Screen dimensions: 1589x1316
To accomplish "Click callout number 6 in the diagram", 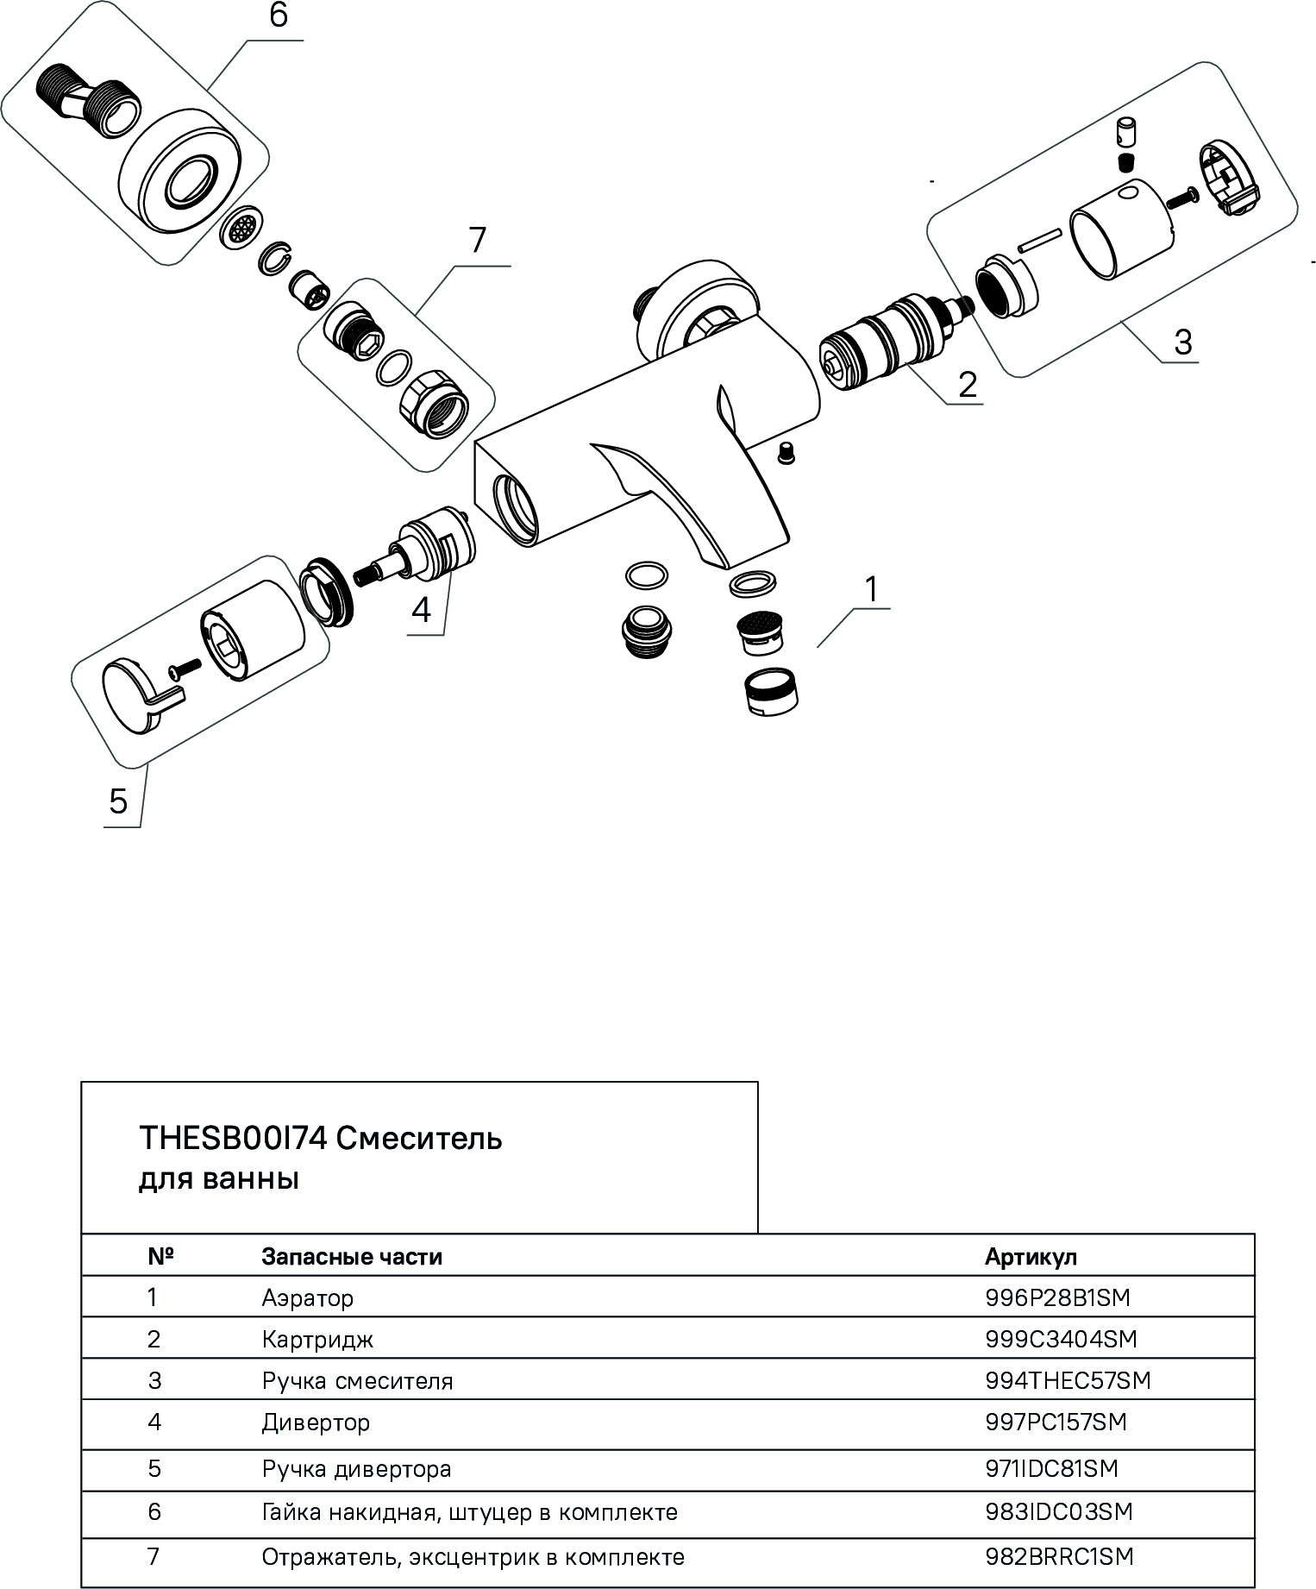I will (x=278, y=17).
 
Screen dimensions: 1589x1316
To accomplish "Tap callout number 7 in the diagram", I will (x=477, y=240).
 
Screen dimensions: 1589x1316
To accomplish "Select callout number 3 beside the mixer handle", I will (x=1182, y=342).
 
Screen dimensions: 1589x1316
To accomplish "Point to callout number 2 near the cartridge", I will (x=968, y=384).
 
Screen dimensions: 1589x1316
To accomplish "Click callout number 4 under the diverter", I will (x=420, y=610).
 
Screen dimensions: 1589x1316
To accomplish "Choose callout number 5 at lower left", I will (x=118, y=801).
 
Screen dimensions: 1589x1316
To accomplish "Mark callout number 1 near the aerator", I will (x=871, y=590).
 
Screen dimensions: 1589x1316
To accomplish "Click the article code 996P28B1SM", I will (x=1056, y=1297).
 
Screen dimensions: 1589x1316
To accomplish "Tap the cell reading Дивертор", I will (x=316, y=1422).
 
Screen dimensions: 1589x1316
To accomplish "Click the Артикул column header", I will (x=1031, y=1257).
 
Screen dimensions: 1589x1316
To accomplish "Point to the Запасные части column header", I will (x=352, y=1257).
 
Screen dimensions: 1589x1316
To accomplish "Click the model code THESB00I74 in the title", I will (x=232, y=1139).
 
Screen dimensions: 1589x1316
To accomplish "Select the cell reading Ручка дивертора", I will (x=356, y=1468).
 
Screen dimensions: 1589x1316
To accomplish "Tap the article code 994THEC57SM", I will (x=1068, y=1380).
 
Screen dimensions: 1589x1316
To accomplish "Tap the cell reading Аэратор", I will (x=307, y=1297).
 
